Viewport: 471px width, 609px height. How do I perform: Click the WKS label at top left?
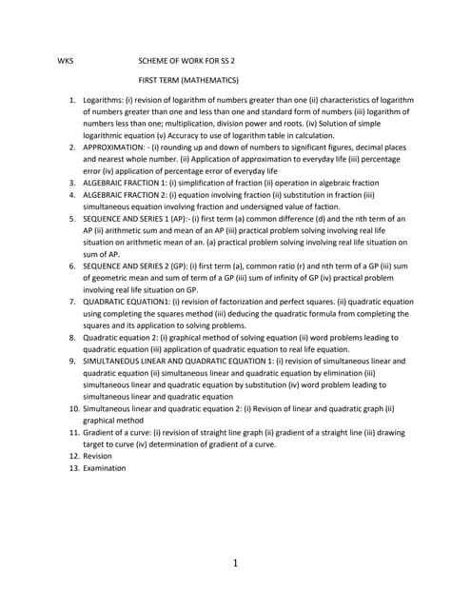[66, 60]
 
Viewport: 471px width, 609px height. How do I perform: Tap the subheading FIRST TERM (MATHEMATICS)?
[188, 80]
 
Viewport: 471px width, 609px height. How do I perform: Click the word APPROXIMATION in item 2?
[119, 147]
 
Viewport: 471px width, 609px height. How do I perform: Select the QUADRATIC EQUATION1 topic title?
[127, 301]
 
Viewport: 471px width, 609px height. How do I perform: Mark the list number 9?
[72, 362]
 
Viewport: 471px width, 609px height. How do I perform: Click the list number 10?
[70, 408]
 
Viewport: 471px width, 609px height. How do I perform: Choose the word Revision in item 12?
[98, 456]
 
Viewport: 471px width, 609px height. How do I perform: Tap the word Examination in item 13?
[104, 468]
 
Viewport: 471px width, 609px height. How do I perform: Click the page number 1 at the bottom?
[235, 564]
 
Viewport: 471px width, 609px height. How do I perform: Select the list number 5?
[72, 218]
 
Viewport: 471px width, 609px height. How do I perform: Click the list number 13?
[70, 468]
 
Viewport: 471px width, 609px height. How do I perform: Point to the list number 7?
[72, 301]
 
